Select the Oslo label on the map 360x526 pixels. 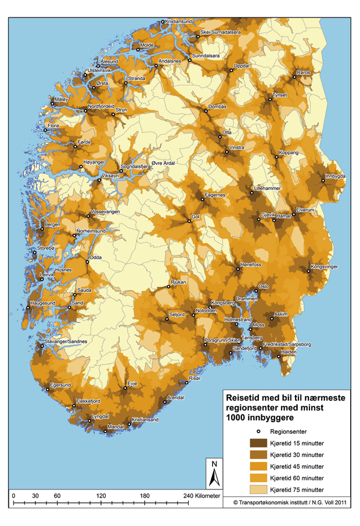point(264,287)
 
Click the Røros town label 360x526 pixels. point(304,73)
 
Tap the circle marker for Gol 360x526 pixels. point(190,221)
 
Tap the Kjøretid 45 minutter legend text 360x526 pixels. point(297,467)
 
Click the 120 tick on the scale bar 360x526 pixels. point(101,501)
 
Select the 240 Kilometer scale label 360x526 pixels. point(202,496)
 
